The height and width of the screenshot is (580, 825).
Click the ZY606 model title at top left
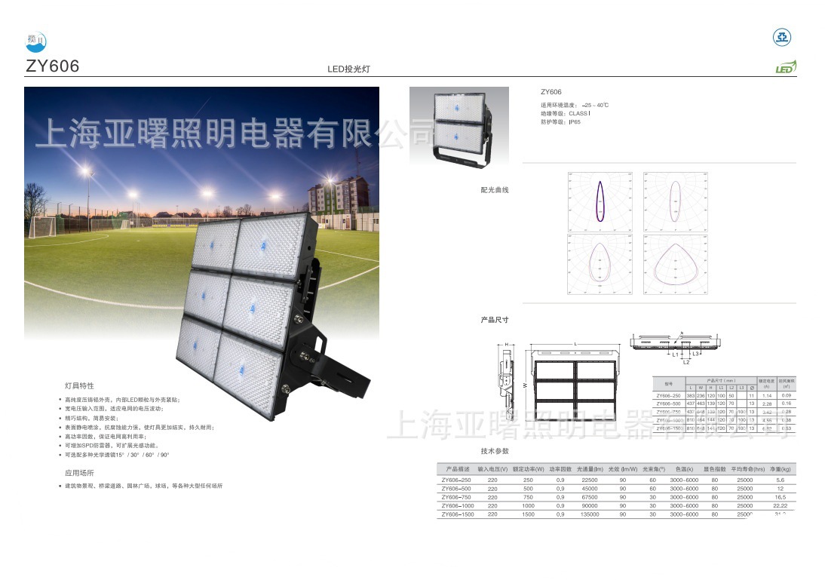52,66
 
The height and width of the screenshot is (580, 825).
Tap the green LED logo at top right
785,68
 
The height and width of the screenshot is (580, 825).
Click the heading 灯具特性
79,385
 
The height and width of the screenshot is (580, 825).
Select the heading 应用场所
79,472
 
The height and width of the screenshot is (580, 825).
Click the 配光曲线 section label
495,190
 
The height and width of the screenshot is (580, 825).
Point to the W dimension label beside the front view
524,385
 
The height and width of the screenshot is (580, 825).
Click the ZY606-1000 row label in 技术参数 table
457,506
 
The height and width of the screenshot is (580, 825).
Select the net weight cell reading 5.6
780,480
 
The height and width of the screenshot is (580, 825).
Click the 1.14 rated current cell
768,395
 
